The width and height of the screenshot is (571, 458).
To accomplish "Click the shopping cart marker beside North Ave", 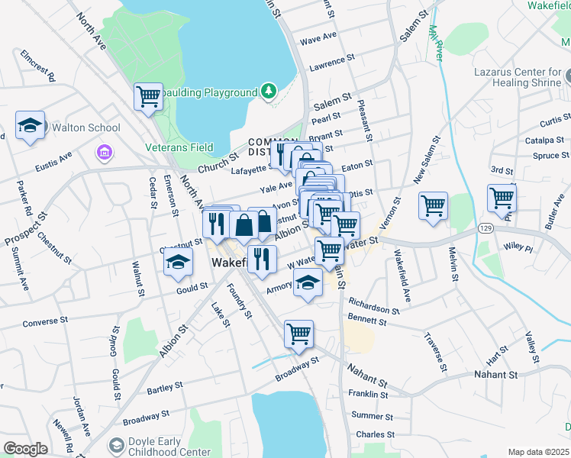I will [x=148, y=96].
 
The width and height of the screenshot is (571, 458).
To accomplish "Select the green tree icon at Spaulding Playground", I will [x=268, y=92].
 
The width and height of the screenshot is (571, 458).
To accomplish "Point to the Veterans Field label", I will [x=179, y=147].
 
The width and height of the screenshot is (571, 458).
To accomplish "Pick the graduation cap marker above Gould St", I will [x=178, y=262].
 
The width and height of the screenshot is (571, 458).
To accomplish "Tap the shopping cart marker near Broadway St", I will [x=298, y=334].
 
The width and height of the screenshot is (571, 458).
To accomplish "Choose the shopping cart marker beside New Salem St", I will [x=433, y=205].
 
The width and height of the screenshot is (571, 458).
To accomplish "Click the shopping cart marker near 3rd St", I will [x=502, y=198].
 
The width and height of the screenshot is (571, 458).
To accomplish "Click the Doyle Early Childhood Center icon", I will [x=117, y=445].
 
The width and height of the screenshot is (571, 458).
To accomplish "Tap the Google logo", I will [x=25, y=449].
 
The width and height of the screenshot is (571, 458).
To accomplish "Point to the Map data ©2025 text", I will [x=539, y=452].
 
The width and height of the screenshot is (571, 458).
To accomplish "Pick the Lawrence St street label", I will [x=332, y=59].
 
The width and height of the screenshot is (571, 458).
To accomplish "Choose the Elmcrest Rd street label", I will [x=38, y=66].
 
